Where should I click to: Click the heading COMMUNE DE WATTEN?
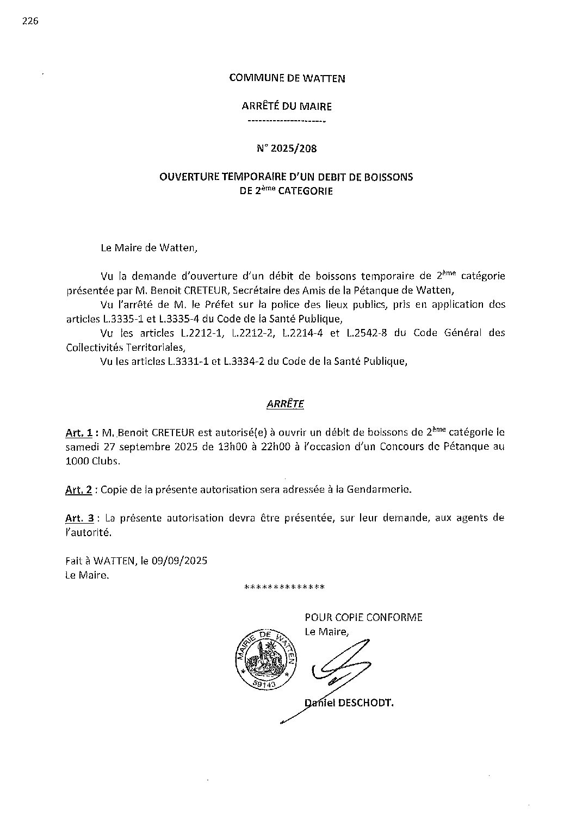[x=287, y=78]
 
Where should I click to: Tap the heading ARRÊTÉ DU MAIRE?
[x=287, y=107]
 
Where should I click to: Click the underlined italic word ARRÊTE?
[x=286, y=404]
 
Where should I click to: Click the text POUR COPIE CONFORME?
[x=363, y=617]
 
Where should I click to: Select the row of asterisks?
[x=285, y=588]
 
